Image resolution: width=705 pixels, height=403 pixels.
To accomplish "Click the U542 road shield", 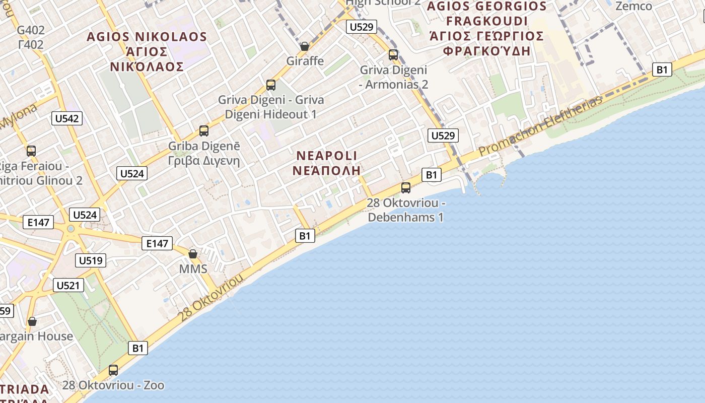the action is click(x=67, y=119).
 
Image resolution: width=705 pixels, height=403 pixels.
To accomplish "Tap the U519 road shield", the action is click(x=91, y=260).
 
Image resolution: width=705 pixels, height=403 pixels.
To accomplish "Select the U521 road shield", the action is click(x=68, y=285).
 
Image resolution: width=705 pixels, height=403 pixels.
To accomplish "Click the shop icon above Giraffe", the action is click(x=305, y=47).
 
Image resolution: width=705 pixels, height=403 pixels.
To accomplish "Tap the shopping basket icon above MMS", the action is click(x=193, y=254).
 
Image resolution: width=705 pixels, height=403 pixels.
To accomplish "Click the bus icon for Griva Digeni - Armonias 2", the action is click(x=393, y=55).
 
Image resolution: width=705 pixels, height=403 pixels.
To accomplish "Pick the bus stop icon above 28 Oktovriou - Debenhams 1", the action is click(x=406, y=188).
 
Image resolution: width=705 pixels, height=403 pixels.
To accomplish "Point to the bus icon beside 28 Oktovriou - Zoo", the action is click(x=113, y=370).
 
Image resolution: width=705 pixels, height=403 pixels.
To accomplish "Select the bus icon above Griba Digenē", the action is click(x=204, y=131).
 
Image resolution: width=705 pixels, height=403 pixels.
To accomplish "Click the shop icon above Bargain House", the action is click(x=32, y=321).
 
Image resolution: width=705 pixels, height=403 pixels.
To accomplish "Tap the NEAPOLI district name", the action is click(x=327, y=156).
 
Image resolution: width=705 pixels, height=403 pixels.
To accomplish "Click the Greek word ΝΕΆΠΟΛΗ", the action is click(x=327, y=170).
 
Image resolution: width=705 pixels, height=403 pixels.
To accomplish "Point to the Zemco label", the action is click(x=633, y=7).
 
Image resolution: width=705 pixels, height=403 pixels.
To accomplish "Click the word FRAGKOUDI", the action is click(x=486, y=21).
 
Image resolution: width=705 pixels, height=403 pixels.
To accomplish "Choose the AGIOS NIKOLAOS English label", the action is click(x=147, y=37).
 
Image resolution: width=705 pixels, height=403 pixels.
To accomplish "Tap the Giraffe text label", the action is click(x=305, y=61).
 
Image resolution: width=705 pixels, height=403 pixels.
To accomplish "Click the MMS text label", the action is click(x=193, y=269).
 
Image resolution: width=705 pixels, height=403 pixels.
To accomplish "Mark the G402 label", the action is click(x=31, y=30).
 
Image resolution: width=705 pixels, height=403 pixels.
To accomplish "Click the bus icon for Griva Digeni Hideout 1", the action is click(x=271, y=85).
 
